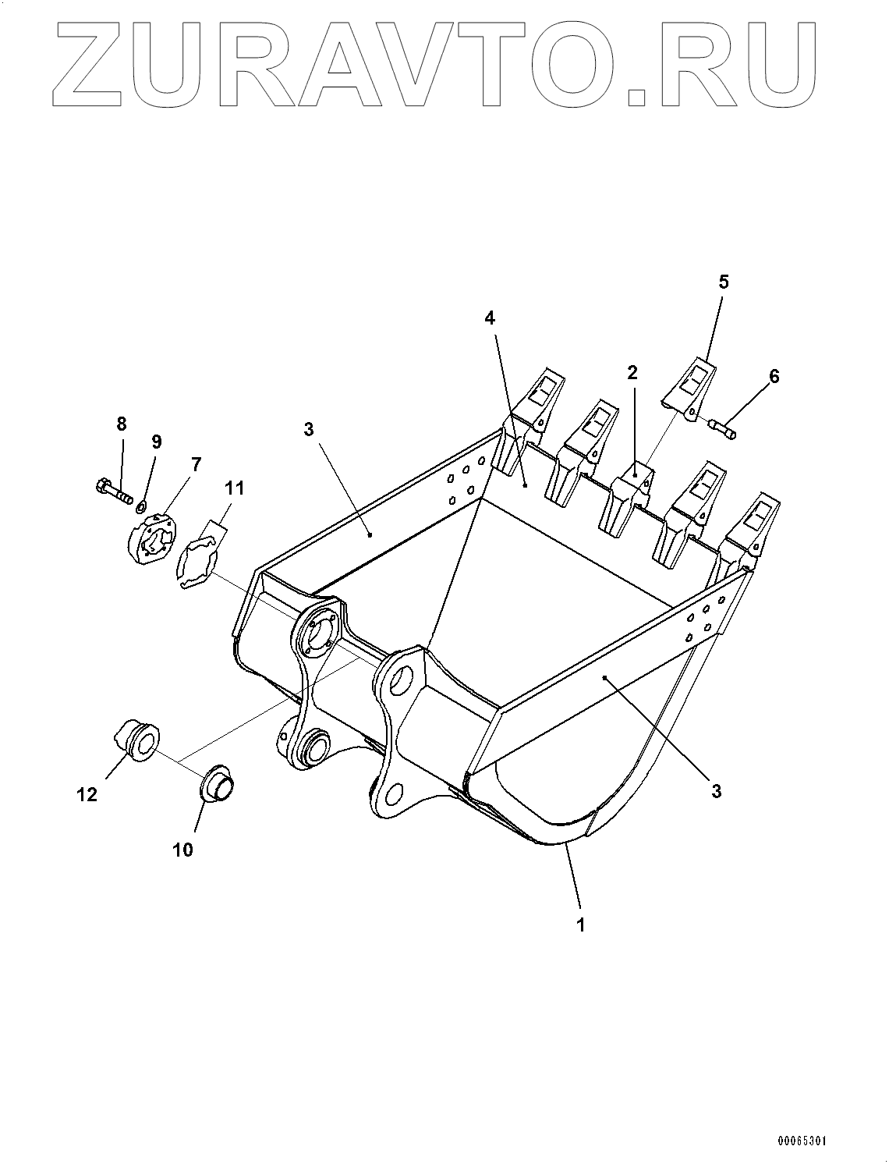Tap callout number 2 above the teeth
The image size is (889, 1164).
[632, 372]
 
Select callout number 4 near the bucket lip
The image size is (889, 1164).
[490, 318]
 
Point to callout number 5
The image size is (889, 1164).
[724, 282]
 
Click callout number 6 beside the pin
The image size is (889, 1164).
[774, 376]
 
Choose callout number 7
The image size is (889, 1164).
[195, 465]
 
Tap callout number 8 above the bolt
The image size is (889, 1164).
[121, 424]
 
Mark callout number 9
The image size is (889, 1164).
[157, 442]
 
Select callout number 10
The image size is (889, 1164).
[182, 850]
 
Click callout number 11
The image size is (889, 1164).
[234, 488]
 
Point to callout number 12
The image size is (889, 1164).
[87, 794]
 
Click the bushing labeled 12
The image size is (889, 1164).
[137, 742]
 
